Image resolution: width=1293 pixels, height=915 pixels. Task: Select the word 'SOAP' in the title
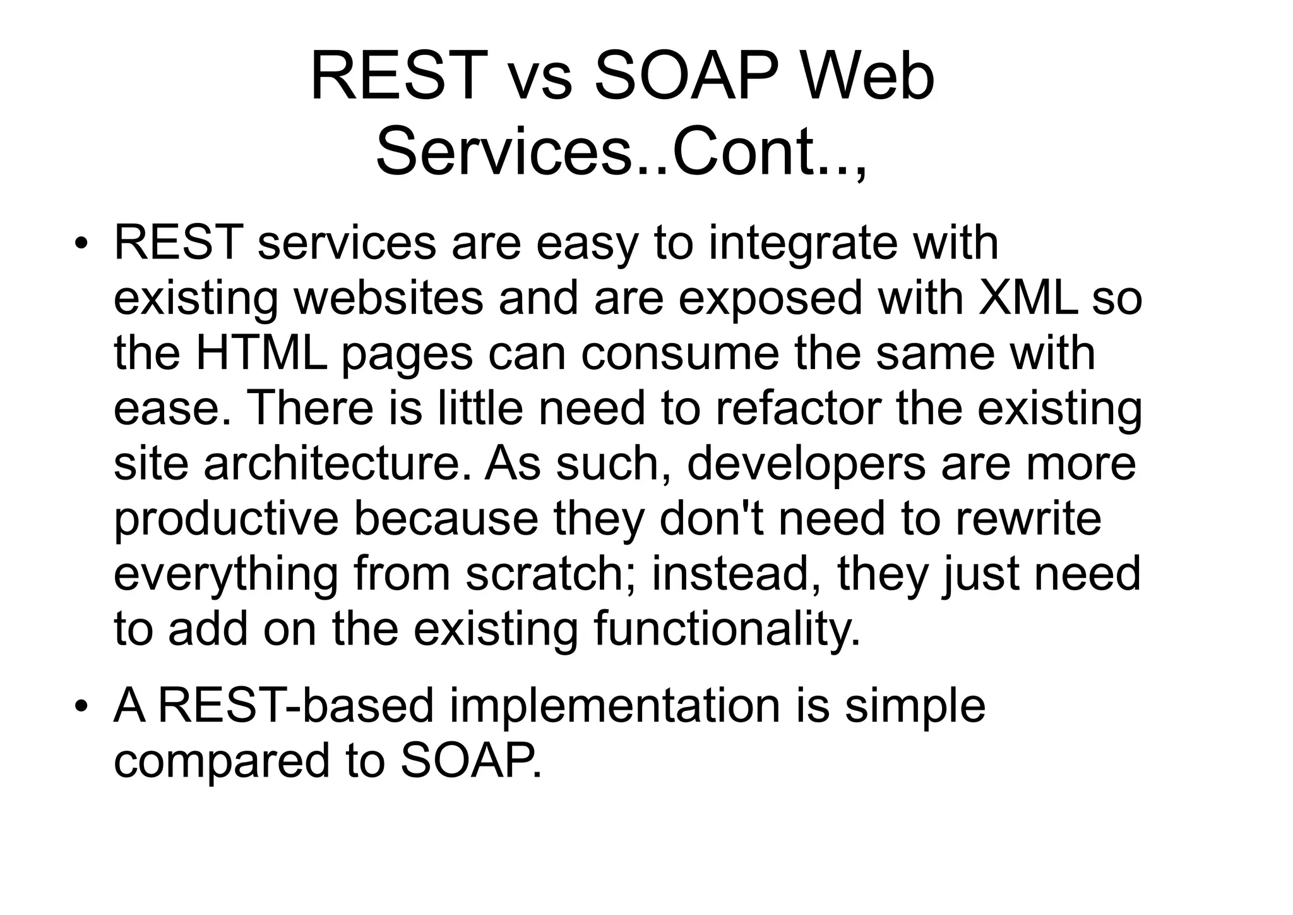tap(685, 78)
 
